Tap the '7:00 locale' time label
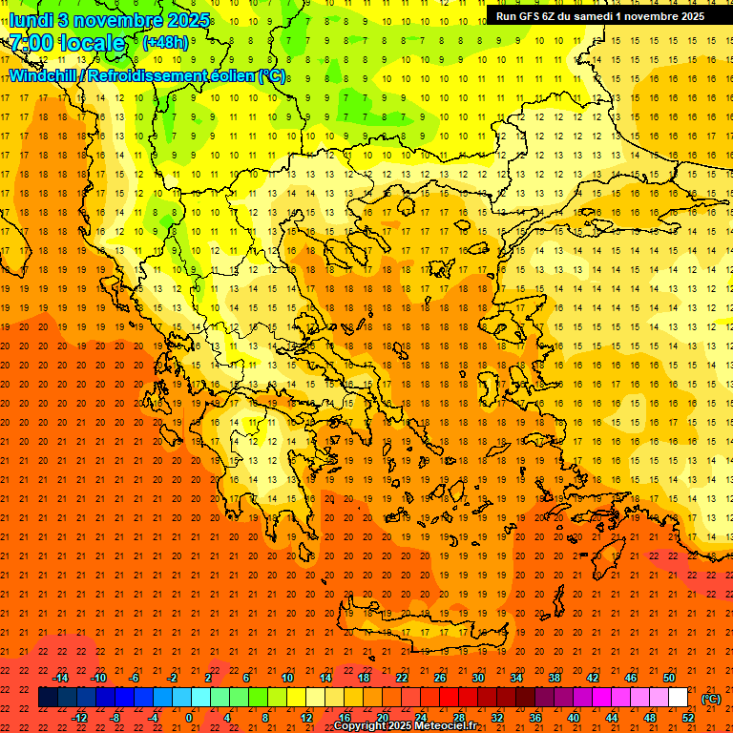point(68,43)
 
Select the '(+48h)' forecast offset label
point(166,42)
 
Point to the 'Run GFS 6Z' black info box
point(599,15)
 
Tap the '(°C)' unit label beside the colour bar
point(710,699)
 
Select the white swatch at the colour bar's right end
point(679,698)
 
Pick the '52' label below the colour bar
point(688,718)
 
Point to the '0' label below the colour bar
point(190,718)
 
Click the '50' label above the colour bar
point(668,678)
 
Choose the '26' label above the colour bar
point(440,678)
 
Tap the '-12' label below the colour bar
point(79,718)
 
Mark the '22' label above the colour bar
point(402,678)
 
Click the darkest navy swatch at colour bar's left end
point(49,698)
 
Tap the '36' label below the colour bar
point(535,718)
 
